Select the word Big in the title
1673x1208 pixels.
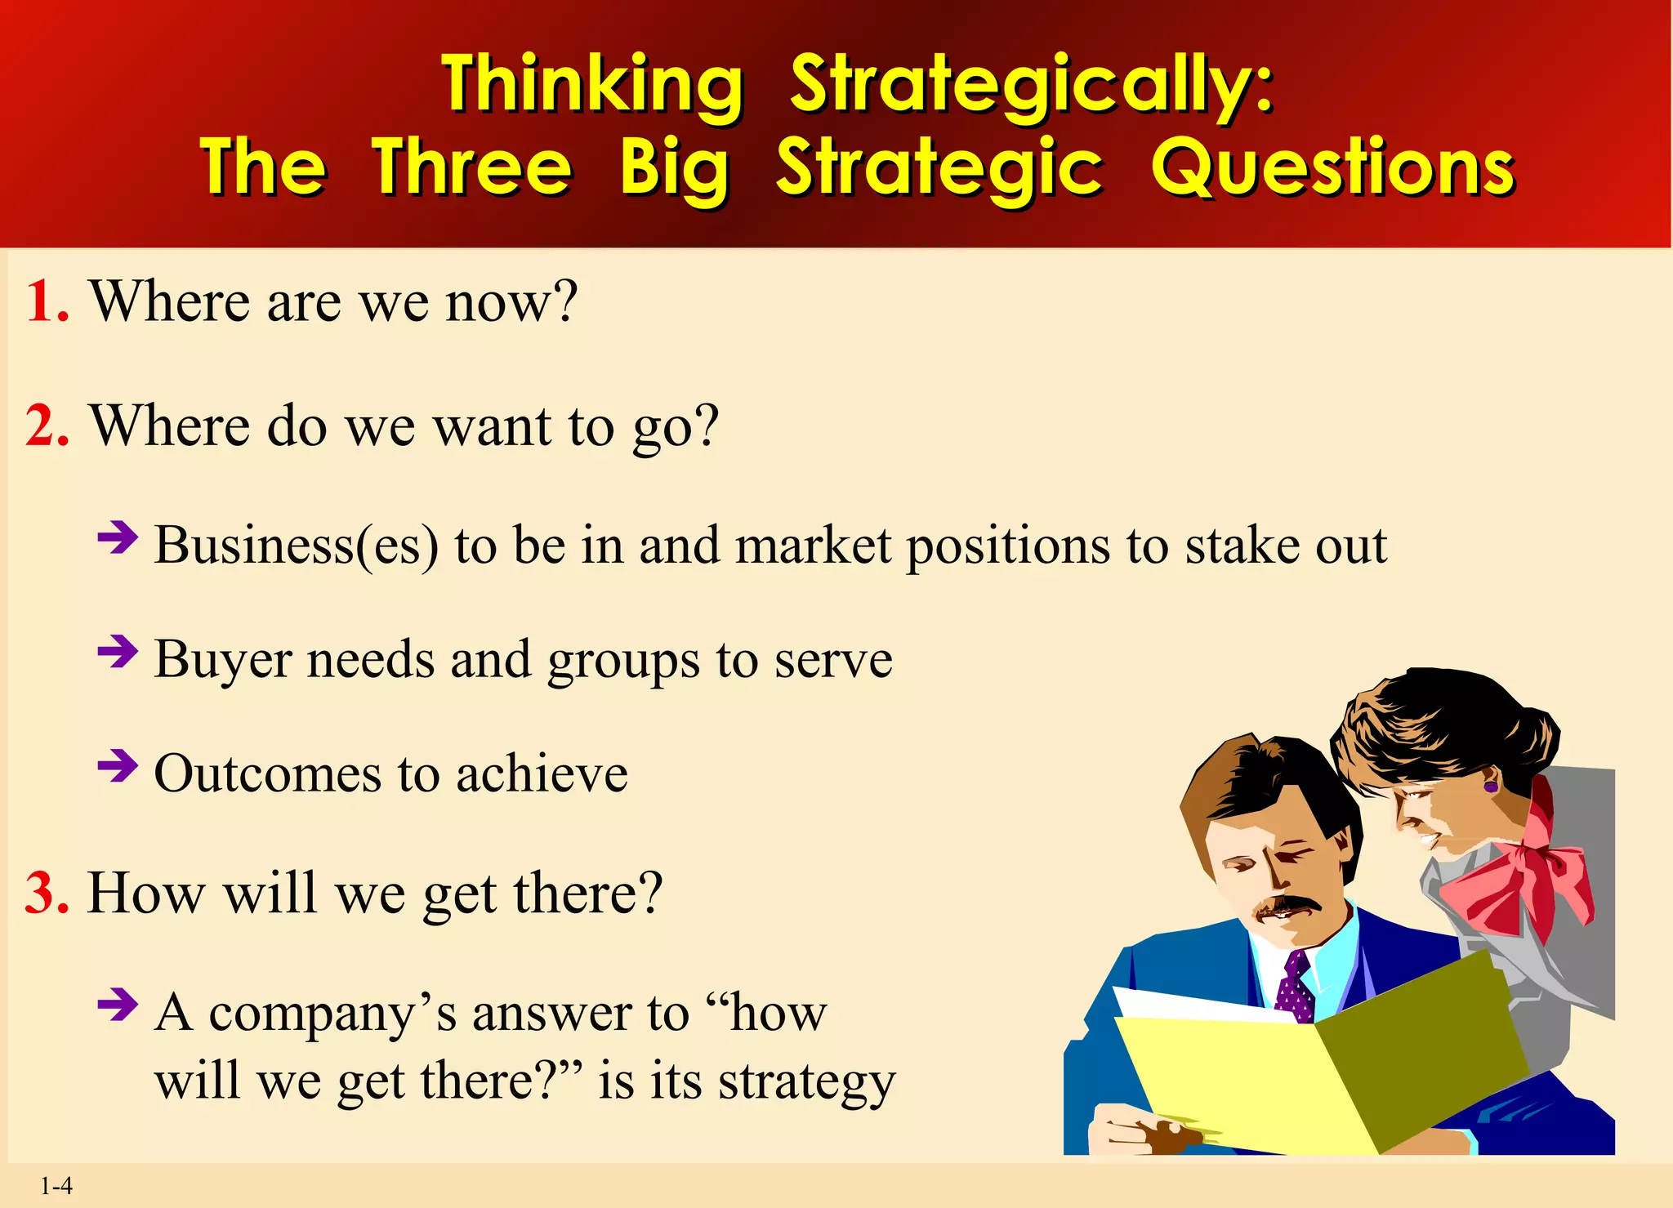pyautogui.click(x=674, y=169)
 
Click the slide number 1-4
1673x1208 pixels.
pyautogui.click(x=56, y=1186)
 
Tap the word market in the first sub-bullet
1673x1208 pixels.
pyautogui.click(x=813, y=545)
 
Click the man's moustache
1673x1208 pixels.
pyautogui.click(x=1290, y=906)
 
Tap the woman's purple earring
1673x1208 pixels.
pyautogui.click(x=1491, y=786)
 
